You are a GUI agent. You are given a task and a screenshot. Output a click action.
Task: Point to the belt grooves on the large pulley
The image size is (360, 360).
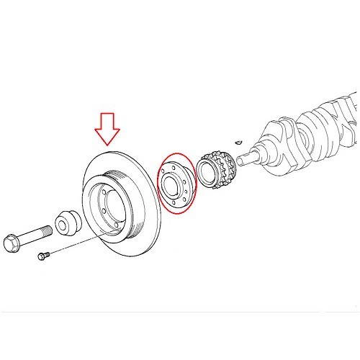point(98,179)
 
